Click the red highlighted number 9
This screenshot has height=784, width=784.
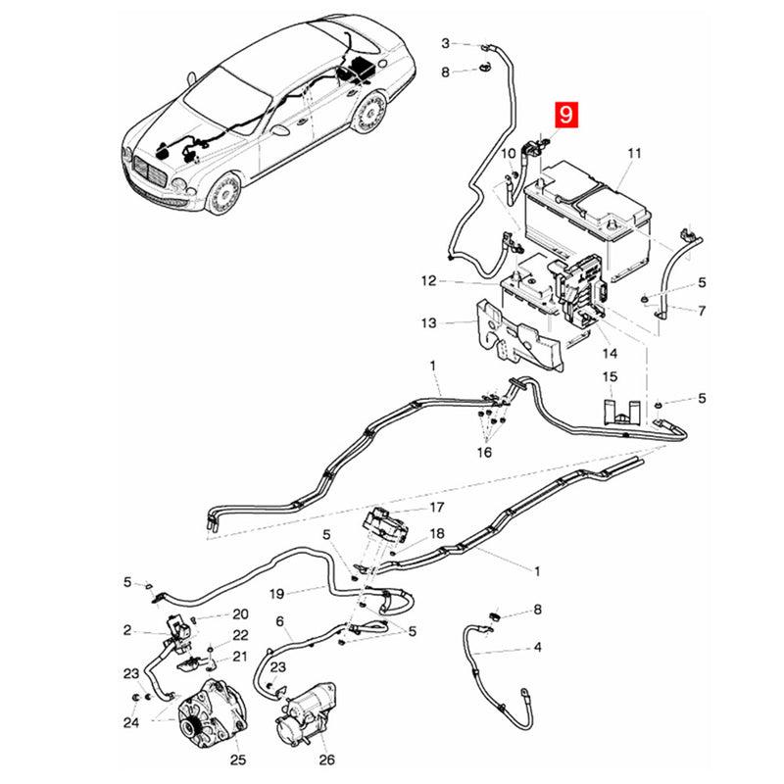coord(565,115)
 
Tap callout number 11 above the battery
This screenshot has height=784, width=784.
coord(634,153)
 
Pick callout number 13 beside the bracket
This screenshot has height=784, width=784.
coord(428,323)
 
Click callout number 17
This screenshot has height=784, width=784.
coord(437,508)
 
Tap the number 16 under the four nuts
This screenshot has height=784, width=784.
coord(484,452)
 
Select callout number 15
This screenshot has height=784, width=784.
coord(610,376)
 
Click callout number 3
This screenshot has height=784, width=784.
coord(446,43)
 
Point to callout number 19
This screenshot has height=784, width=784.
coord(276,594)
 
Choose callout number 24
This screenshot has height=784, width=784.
coord(131,722)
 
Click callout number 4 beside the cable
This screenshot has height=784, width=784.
coord(537,647)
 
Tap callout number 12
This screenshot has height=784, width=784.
coord(428,281)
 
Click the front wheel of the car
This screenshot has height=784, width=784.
coord(223,193)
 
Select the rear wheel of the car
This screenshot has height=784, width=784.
coord(370,113)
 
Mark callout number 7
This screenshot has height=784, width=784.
coord(702,311)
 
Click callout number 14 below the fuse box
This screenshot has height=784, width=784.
coord(610,354)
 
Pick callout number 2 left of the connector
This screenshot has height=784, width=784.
coord(127,630)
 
